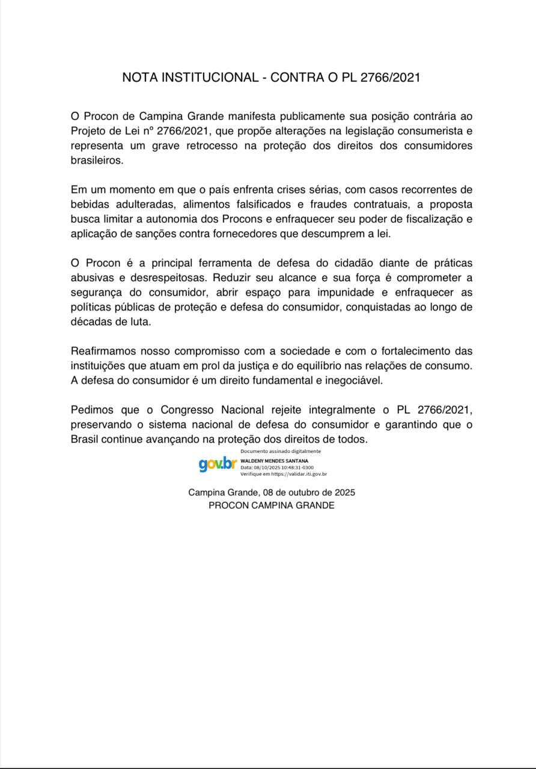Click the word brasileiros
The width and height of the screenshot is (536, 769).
point(97,161)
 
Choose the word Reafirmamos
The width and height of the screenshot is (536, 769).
point(107,351)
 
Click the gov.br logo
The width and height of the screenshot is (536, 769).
point(218,464)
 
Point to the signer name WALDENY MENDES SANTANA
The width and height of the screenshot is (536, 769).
point(275,461)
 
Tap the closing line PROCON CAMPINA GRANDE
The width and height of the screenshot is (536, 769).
point(272,505)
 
